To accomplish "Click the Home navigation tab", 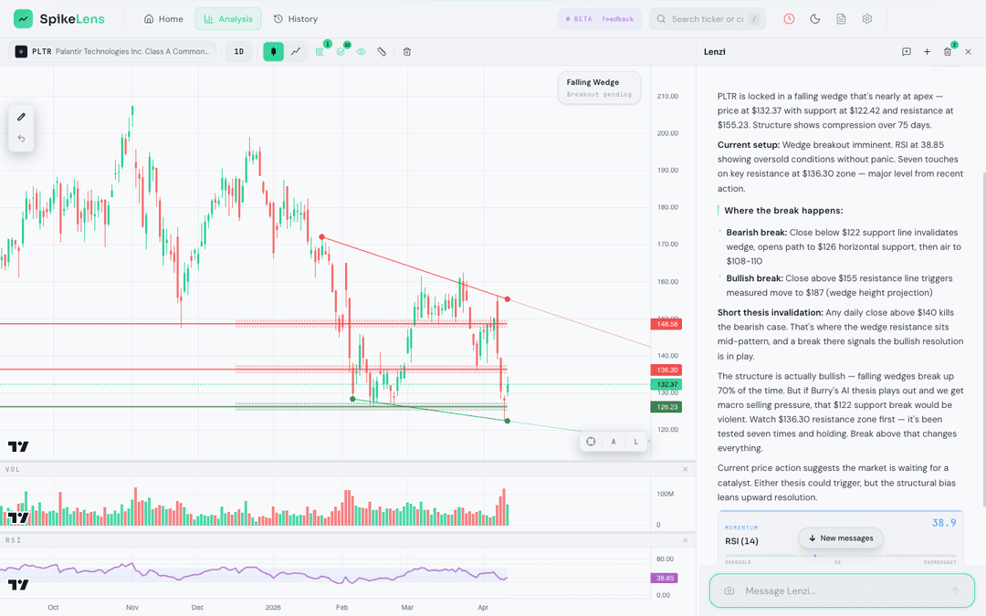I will click(163, 19).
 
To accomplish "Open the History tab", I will click(296, 19).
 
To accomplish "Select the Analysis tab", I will click(227, 19).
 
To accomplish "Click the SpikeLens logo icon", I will click(23, 19).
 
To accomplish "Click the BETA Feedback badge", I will click(599, 19).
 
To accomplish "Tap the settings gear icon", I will click(867, 19).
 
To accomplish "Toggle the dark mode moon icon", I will click(815, 19).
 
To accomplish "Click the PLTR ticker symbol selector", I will click(112, 52).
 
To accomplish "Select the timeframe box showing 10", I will click(239, 52).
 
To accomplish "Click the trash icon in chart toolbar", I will click(407, 52).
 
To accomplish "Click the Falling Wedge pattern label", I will click(599, 88).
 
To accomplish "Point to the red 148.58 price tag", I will click(666, 324).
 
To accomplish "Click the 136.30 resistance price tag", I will click(666, 370).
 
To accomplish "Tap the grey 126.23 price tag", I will click(666, 407).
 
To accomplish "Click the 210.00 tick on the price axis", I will click(666, 96).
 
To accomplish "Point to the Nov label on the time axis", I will click(131, 607).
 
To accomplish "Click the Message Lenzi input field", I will click(840, 590).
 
